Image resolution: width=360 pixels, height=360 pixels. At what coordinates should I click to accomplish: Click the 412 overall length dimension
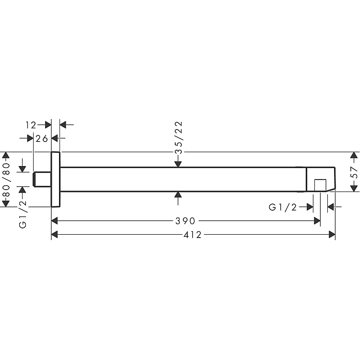192,235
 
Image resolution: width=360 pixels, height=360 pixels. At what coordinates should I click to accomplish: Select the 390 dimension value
185,221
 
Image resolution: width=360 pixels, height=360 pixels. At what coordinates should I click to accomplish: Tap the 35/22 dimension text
179,137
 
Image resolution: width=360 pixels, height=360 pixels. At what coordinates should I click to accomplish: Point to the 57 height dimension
355,172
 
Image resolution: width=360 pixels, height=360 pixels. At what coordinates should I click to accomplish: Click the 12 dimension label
31,125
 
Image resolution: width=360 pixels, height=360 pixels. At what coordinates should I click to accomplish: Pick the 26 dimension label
42,139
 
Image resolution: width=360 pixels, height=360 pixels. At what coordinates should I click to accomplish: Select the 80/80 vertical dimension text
6,180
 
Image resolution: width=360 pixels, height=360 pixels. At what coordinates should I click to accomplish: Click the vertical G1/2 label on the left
23,214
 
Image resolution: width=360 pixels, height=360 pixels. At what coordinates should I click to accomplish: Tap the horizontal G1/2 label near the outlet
283,207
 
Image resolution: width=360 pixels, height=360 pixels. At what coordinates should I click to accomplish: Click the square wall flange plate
56,180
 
